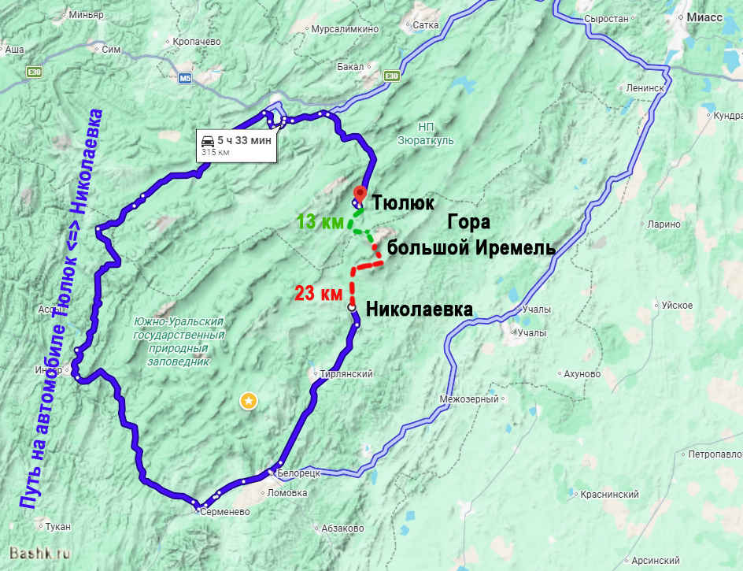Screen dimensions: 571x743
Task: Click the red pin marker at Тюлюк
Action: point(360,193)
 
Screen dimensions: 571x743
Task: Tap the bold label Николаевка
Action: point(420,310)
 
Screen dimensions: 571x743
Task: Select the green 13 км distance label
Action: point(319,223)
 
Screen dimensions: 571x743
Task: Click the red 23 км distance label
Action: point(319,295)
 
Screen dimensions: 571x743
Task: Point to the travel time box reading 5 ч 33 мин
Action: point(236,145)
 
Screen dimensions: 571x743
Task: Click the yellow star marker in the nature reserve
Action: point(248,402)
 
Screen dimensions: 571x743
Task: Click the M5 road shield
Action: point(185,78)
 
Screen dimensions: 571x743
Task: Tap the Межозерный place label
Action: point(469,399)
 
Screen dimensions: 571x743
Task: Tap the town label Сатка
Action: point(425,25)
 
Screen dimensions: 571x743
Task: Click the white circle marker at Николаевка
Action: point(351,308)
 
